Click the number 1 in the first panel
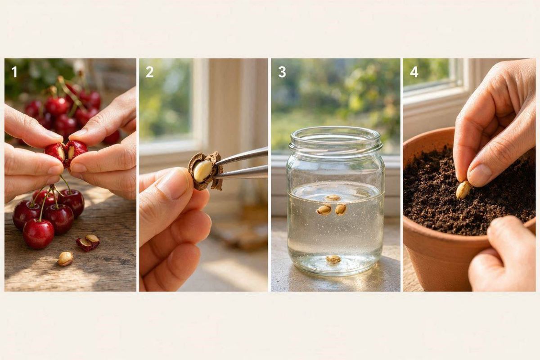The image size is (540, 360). (x=14, y=72)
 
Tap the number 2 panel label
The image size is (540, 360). (x=149, y=72)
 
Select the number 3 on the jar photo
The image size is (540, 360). (x=282, y=72)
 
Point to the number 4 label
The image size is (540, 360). (x=414, y=72)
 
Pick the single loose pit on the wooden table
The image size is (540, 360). (x=65, y=259)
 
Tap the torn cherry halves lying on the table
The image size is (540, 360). (x=88, y=243)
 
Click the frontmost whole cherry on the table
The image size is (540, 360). (x=38, y=234)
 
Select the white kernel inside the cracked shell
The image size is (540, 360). (x=203, y=171)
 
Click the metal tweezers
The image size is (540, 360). (x=241, y=164)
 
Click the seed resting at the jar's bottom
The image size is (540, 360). (x=333, y=259)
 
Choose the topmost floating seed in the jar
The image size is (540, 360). (x=333, y=198)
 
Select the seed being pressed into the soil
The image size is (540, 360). (x=463, y=190)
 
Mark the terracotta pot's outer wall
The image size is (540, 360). (x=441, y=261)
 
